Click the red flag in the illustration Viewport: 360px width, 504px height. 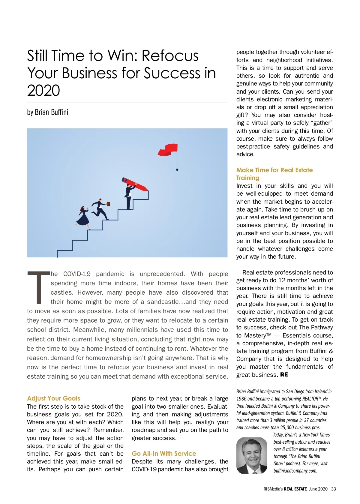pos(168,149)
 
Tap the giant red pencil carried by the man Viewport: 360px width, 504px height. pos(135,184)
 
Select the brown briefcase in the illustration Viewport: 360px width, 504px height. pos(108,204)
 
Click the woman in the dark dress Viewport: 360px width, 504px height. pos(83,217)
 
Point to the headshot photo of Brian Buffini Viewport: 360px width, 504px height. pos(251,455)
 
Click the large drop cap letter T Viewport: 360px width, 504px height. pos(38,287)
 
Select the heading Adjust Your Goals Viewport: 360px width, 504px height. pos(53,398)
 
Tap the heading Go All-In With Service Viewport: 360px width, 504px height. pos(164,453)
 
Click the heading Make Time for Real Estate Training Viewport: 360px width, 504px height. pos(274,174)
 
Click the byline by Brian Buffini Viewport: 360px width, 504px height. pos(47,112)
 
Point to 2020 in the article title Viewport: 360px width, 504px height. pos(43,90)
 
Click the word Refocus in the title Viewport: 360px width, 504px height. pos(170,56)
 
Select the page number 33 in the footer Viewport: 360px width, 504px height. pos(333,489)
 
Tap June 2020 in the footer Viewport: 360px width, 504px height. pos(318,489)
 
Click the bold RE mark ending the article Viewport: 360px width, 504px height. pos(284,374)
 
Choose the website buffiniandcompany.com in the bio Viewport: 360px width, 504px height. pos(295,470)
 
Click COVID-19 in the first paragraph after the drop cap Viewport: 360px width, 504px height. pos(77,274)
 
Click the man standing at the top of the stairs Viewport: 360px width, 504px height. pos(129,196)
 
